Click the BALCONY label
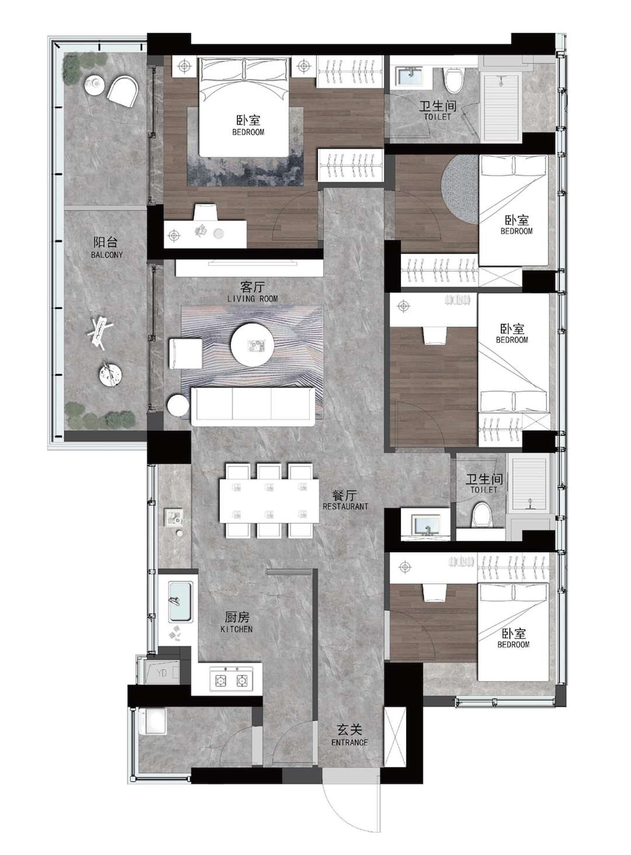pyautogui.click(x=107, y=255)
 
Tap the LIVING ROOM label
pyautogui.click(x=252, y=299)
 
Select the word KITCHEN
pyautogui.click(x=237, y=629)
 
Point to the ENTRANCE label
pyautogui.click(x=349, y=742)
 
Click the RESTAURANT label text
pyautogui.click(x=345, y=506)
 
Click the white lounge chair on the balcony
pyautogui.click(x=123, y=91)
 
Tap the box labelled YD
pyautogui.click(x=162, y=673)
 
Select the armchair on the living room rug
pyautogui.click(x=185, y=354)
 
